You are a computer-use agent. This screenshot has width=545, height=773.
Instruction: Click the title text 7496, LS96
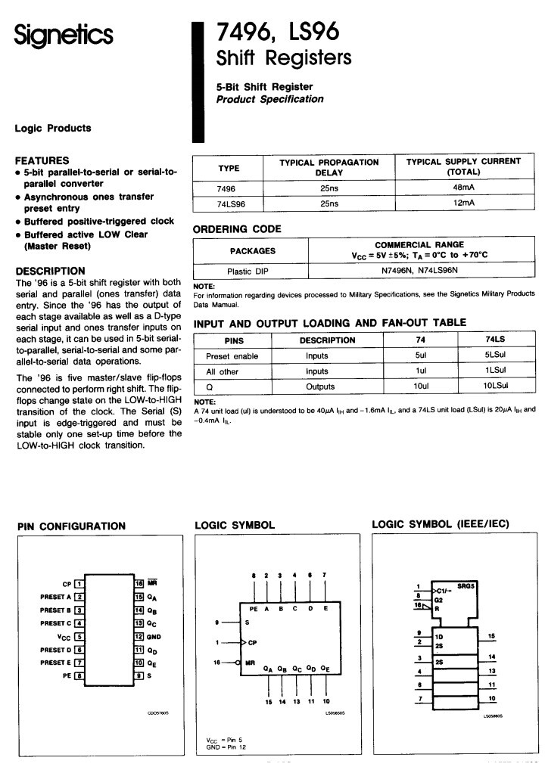(278, 31)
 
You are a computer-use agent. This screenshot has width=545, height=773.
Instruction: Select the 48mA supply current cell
(463, 189)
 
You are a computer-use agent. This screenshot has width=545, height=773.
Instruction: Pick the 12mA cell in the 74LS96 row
(463, 204)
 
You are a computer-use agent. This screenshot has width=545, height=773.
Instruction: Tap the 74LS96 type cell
(229, 204)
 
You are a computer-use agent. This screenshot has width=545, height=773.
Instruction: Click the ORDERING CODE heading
(238, 229)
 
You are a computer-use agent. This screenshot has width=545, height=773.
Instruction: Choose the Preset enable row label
(232, 355)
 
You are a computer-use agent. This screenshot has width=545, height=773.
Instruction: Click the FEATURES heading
(42, 160)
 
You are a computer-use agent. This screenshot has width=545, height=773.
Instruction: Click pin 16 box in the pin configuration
(139, 583)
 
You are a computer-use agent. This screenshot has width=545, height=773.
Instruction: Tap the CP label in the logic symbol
(254, 643)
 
